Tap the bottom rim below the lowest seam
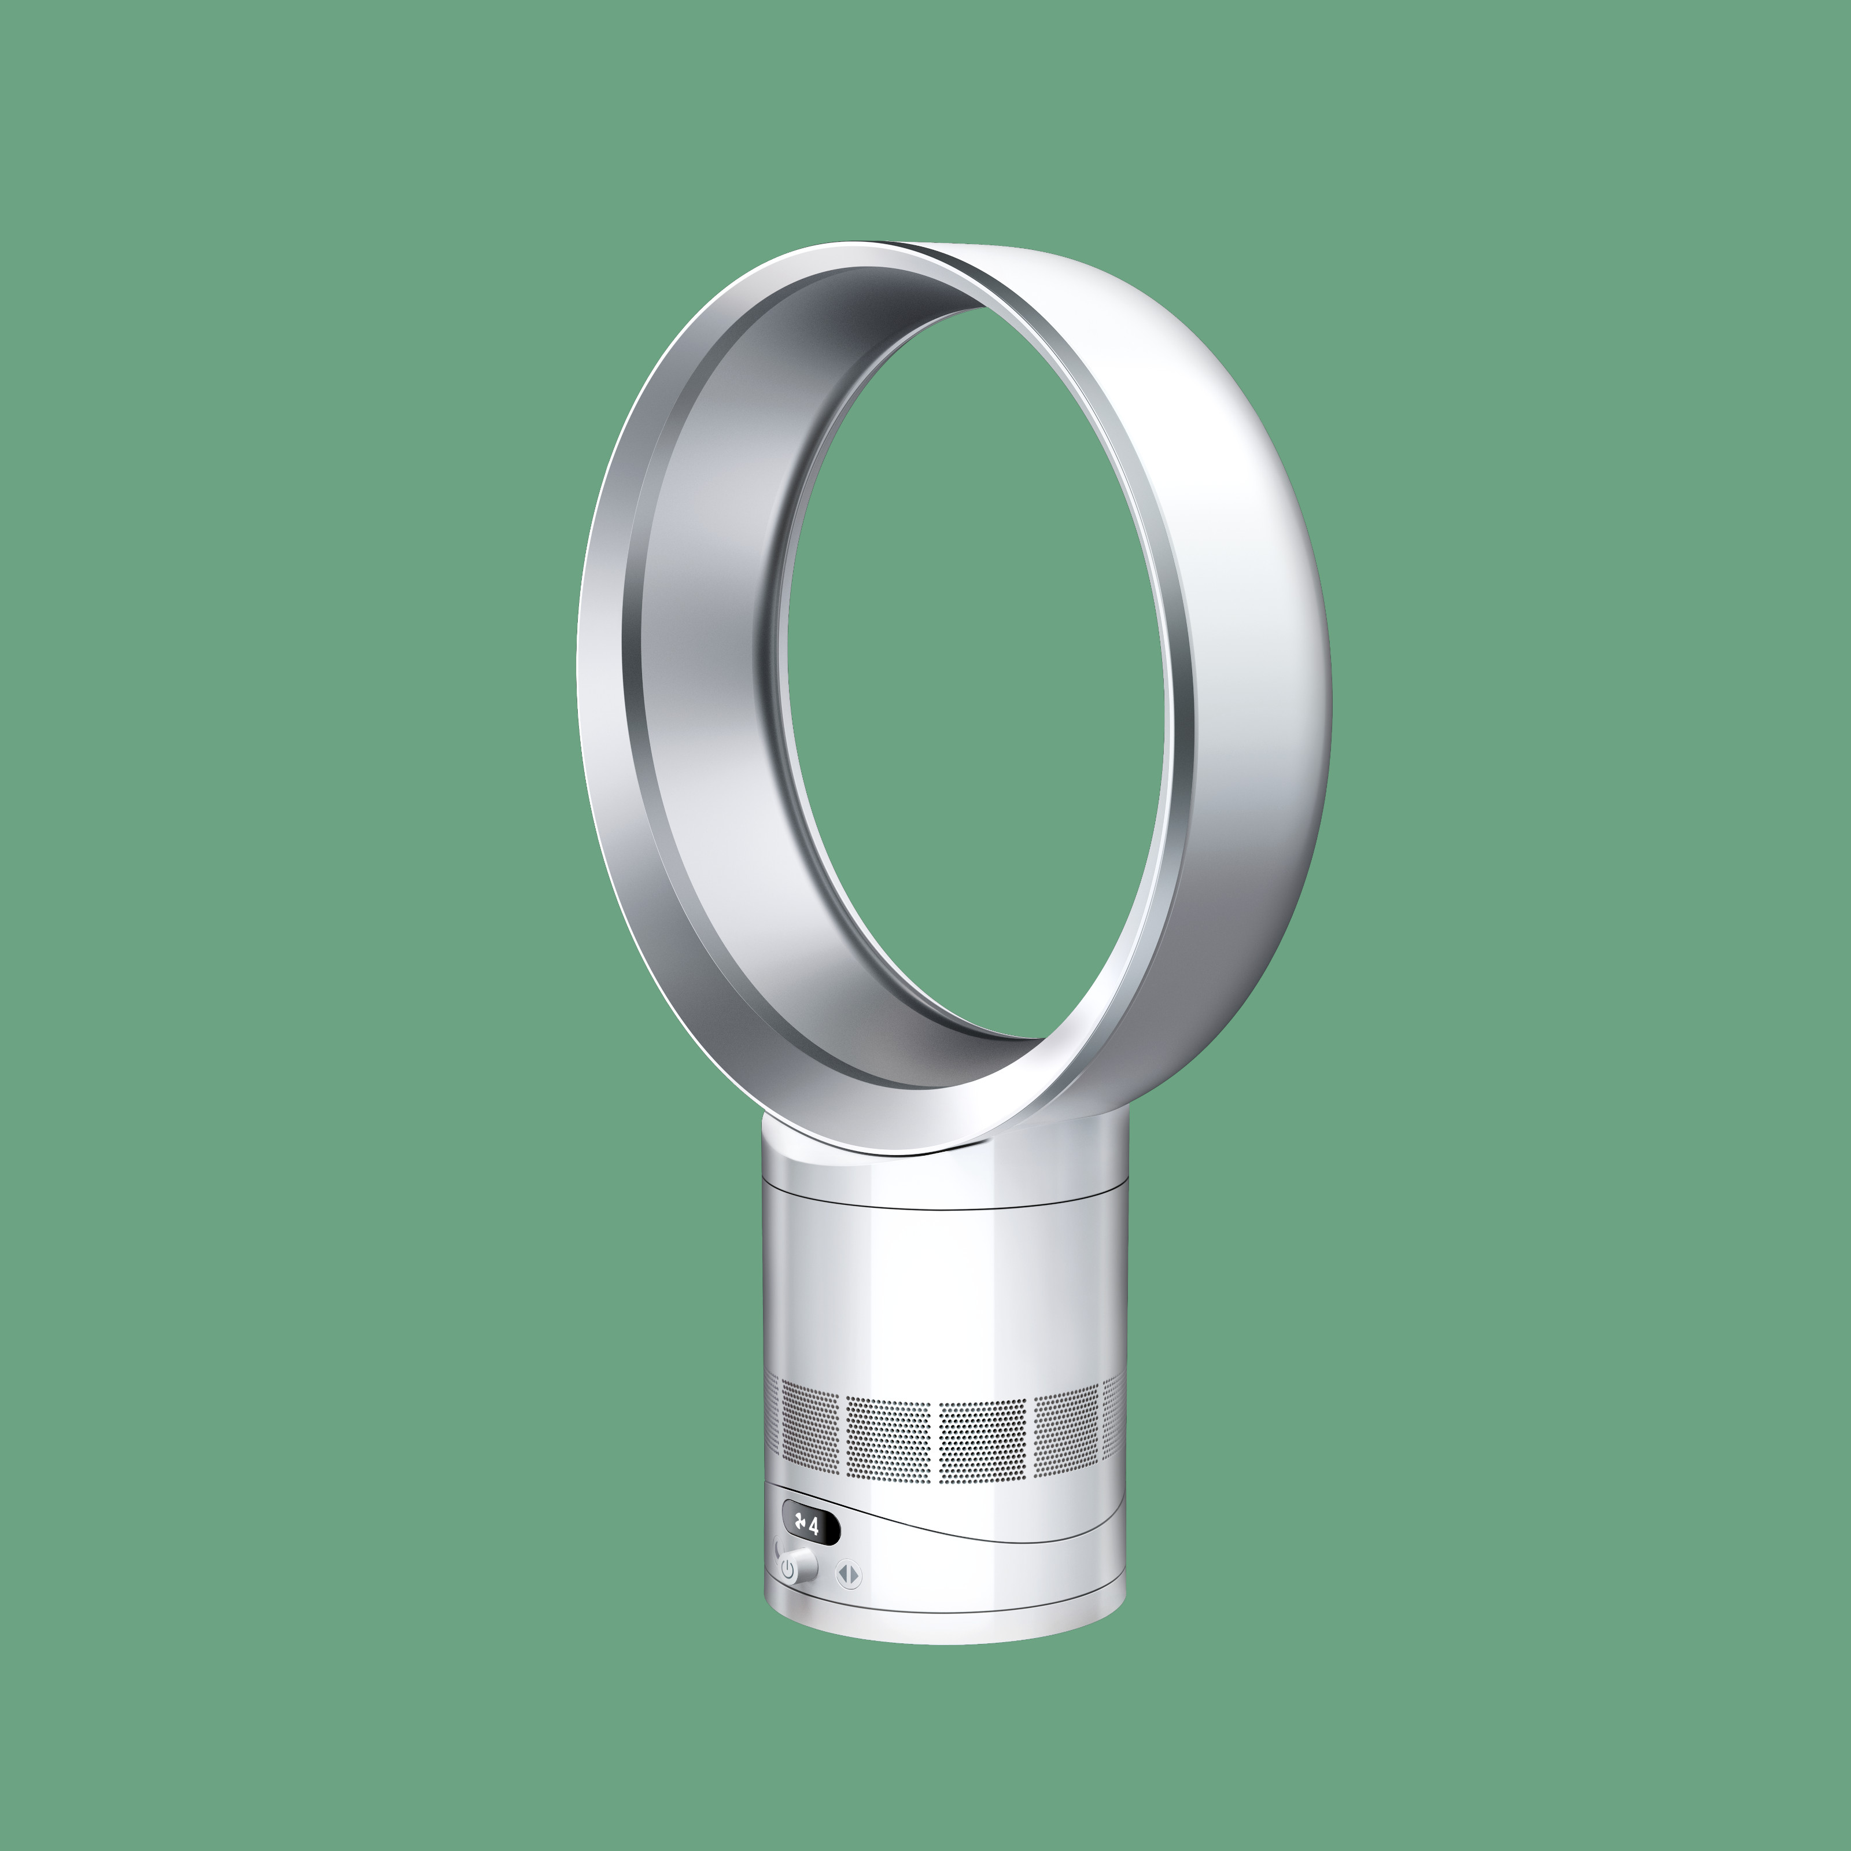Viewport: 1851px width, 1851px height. click(x=943, y=1629)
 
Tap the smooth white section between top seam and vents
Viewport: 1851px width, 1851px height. click(x=943, y=1293)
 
